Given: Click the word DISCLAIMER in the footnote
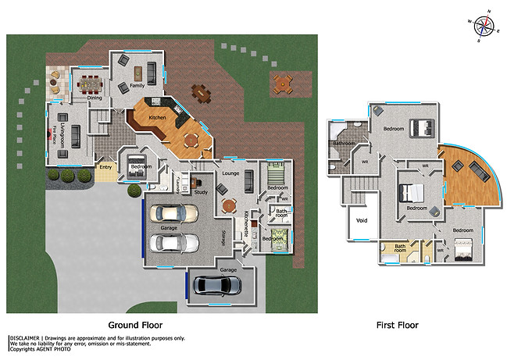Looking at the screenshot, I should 23,337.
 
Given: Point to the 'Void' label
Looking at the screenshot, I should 361,221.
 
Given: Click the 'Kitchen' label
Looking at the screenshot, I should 157,118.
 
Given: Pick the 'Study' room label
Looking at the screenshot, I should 200,191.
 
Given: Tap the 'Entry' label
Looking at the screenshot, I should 104,166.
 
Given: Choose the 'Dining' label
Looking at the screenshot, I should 94,98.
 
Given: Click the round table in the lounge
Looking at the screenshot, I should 228,206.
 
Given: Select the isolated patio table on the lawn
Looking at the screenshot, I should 281,81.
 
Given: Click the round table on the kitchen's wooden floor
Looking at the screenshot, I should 190,141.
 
